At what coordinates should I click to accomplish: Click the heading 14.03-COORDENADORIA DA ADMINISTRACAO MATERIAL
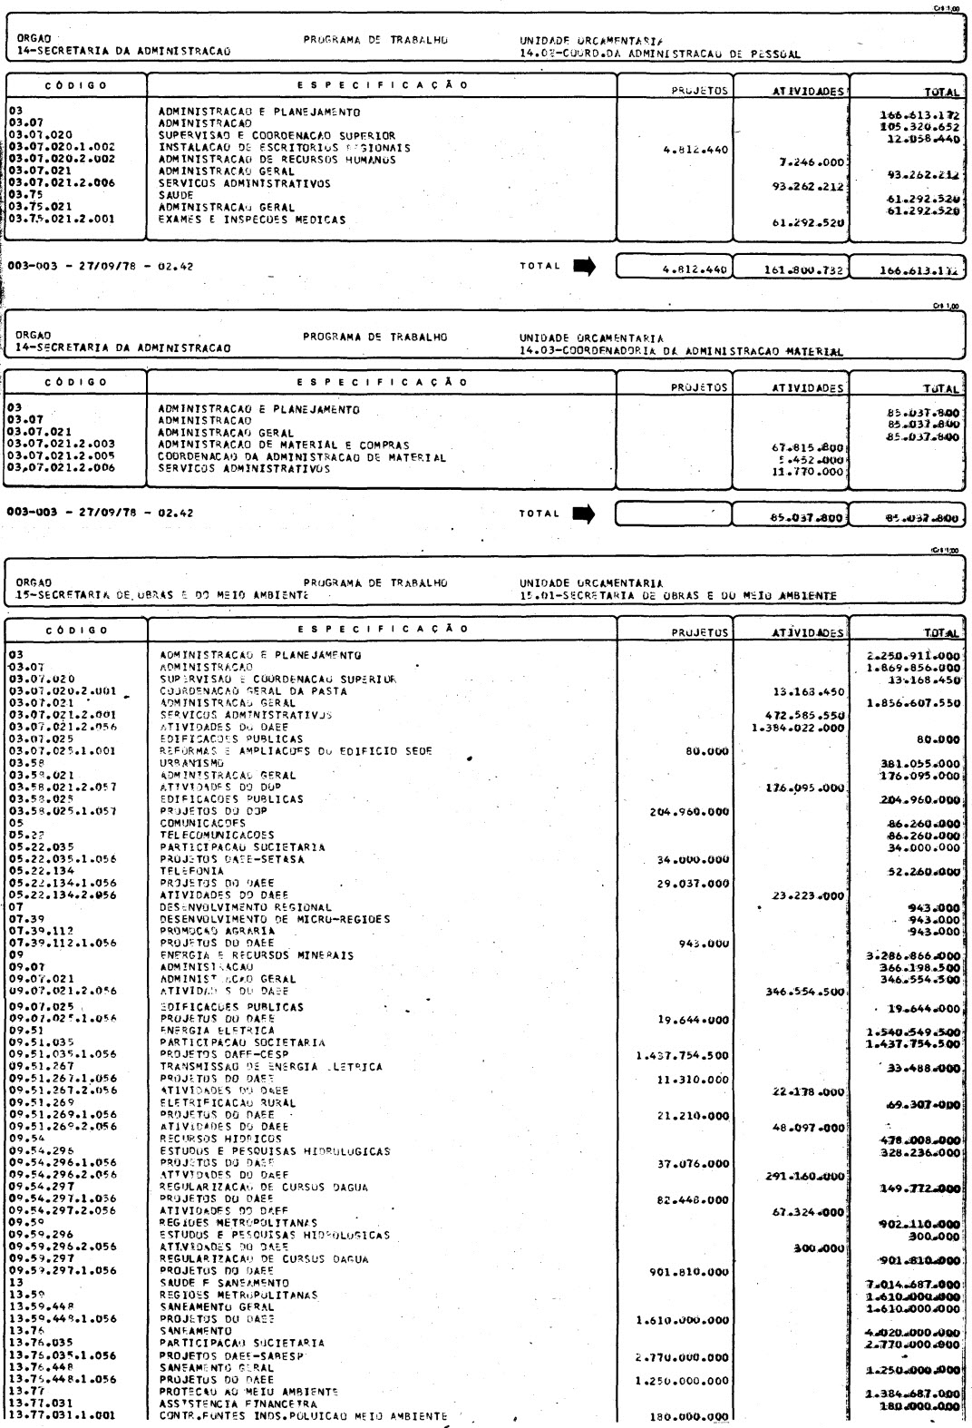tap(675, 351)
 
